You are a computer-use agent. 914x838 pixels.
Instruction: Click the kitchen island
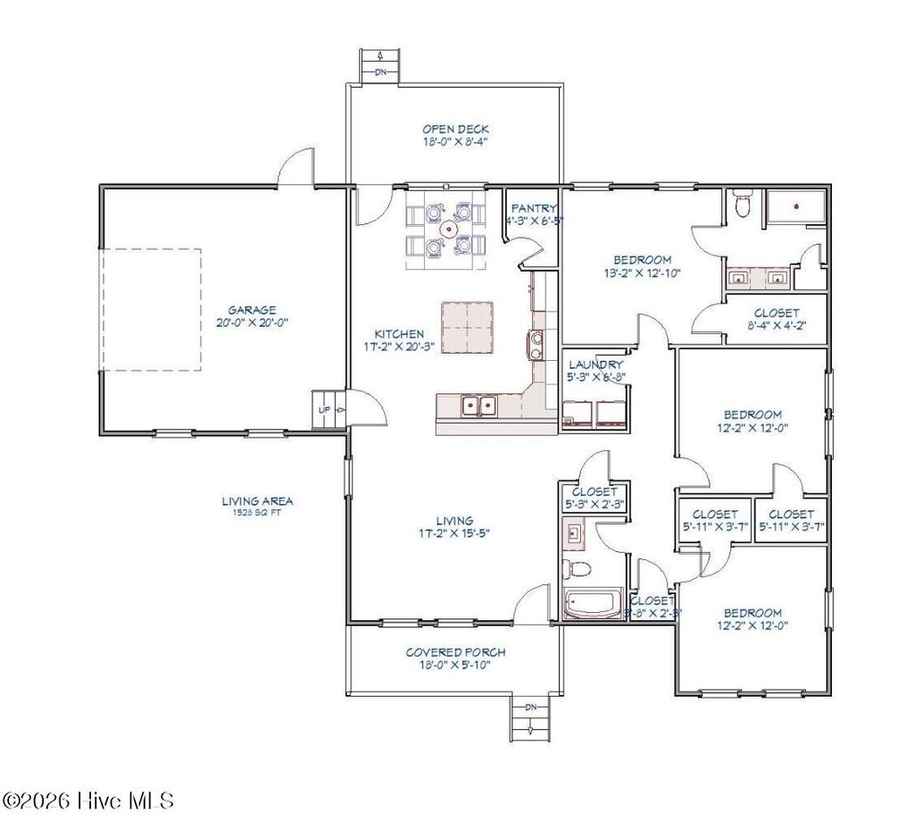(467, 327)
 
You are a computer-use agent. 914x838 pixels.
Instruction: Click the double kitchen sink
(478, 406)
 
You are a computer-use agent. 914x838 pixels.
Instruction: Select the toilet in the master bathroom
(740, 206)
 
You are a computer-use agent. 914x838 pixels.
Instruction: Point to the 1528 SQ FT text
(257, 514)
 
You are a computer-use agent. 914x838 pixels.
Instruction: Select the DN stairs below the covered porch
(530, 715)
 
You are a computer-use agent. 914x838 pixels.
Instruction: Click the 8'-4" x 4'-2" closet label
(776, 320)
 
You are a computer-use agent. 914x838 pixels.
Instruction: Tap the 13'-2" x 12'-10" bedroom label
(642, 266)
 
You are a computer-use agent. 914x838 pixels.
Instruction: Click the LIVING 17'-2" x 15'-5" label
(454, 526)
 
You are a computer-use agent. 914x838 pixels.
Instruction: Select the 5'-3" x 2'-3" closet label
(594, 498)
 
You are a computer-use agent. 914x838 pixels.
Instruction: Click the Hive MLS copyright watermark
(88, 799)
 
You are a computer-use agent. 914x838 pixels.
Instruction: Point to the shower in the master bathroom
(796, 207)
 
